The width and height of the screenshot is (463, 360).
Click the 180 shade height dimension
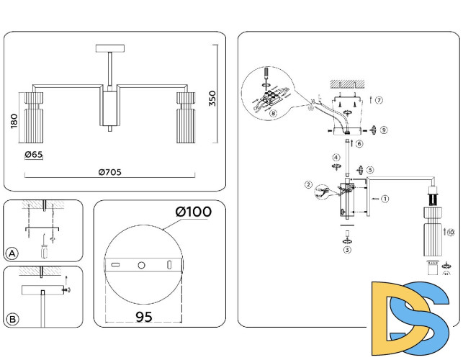14,121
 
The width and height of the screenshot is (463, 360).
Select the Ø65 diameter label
35,155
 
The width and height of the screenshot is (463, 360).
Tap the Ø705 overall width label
109,171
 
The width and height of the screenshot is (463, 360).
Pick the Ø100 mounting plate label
193,212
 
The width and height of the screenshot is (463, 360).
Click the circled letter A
12,253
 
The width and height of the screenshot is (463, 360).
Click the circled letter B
12,318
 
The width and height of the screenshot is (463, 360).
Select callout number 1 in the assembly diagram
385,198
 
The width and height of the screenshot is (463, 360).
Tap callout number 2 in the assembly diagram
308,184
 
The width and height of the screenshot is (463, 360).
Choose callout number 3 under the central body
346,250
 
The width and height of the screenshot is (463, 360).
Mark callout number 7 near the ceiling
379,99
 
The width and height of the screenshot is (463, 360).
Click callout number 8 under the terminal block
273,113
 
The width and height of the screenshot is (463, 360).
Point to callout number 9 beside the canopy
384,130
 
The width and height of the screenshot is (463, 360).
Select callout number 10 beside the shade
451,233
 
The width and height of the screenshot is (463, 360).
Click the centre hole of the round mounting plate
141,266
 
